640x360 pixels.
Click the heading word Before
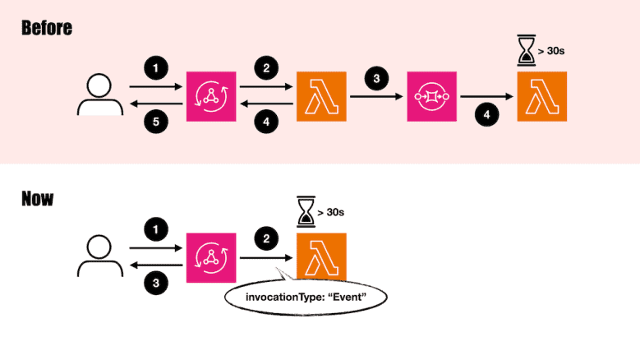point(47,27)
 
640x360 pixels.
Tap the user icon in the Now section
point(98,254)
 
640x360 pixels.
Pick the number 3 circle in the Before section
point(375,79)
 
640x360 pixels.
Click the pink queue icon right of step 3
point(431,96)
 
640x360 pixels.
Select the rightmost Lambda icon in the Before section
point(541,96)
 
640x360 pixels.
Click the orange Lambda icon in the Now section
point(321,257)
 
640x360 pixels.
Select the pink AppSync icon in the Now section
point(211,257)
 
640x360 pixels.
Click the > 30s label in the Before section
point(552,52)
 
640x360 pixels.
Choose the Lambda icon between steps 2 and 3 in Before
point(321,96)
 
